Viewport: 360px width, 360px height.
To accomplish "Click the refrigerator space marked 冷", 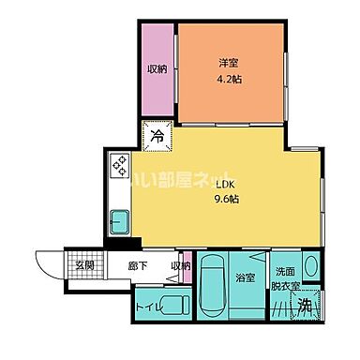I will click(157, 136).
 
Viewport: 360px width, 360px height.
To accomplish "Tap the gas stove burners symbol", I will click(121, 165).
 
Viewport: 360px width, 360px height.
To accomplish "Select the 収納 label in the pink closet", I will click(157, 68).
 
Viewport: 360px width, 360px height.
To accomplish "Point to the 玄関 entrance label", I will click(84, 265).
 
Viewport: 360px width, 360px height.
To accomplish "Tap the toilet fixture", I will click(172, 304).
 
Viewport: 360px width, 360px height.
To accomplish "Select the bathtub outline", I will click(214, 287).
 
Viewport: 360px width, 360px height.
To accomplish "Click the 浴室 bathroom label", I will click(247, 278).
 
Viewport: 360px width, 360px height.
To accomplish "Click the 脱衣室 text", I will click(285, 285).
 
